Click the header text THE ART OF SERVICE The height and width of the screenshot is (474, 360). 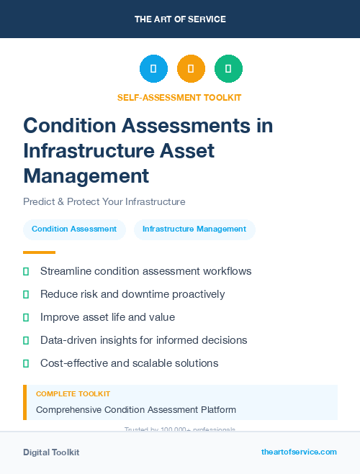click(x=180, y=19)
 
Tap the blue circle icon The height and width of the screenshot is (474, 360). click(x=153, y=69)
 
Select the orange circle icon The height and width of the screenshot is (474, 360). click(x=191, y=69)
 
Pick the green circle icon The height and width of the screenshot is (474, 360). click(x=228, y=69)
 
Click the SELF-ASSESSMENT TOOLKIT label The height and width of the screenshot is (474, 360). click(x=179, y=97)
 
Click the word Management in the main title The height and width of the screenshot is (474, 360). click(x=86, y=175)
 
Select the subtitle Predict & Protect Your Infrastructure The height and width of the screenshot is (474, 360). click(x=104, y=201)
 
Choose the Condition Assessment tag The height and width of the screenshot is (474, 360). click(x=74, y=229)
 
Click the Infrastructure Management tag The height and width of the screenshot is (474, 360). click(x=194, y=229)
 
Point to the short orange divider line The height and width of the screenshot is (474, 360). click(x=39, y=252)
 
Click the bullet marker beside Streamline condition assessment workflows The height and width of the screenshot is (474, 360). click(x=26, y=271)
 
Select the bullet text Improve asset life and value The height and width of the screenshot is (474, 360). click(x=107, y=317)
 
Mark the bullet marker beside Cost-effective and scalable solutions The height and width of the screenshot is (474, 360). click(x=26, y=363)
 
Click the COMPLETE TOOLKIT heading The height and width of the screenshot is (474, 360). click(x=73, y=393)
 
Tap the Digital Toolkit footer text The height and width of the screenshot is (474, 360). click(x=51, y=452)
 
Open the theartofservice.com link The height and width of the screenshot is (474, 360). click(x=299, y=452)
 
